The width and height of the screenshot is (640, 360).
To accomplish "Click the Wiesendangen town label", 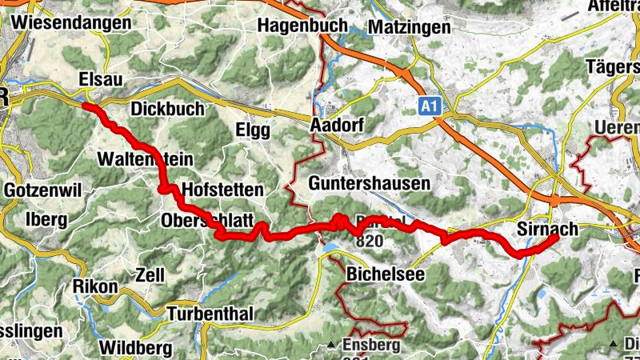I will (x=70, y=22).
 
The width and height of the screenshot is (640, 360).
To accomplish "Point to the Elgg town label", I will (x=254, y=131).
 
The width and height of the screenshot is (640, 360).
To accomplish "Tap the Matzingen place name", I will (x=410, y=27).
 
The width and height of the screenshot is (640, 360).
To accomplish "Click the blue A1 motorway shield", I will (x=429, y=105).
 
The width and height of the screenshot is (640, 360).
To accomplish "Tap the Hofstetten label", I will (x=222, y=190).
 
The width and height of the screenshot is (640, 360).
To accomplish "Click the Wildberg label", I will (x=135, y=348).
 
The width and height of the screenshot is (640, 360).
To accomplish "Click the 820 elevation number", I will (x=369, y=241).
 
